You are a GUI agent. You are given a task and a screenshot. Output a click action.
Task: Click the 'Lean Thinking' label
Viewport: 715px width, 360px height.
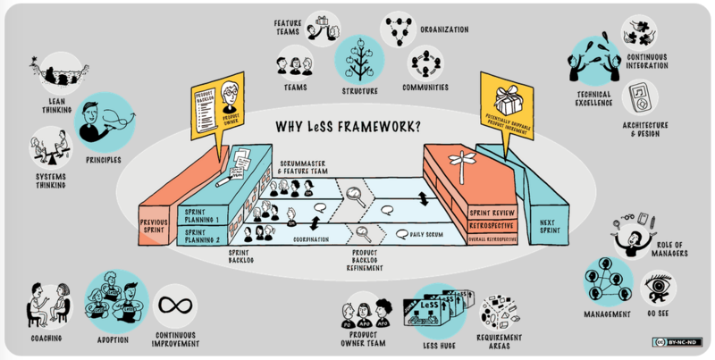tap(57, 106)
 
